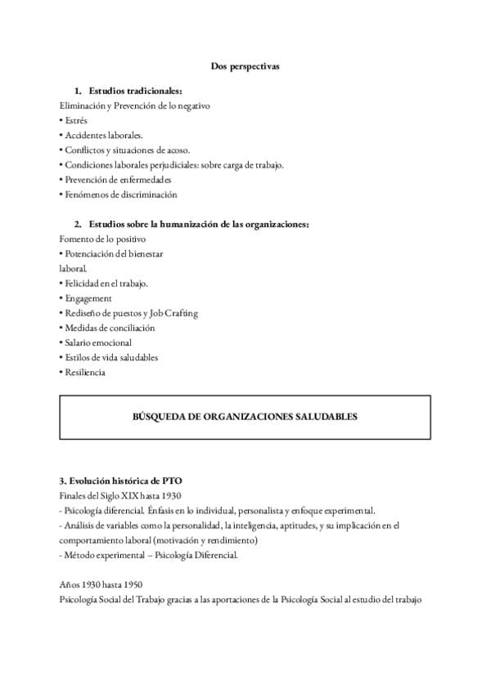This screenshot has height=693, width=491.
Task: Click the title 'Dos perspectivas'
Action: click(x=245, y=67)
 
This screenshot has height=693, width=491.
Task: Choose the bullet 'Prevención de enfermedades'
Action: click(x=116, y=180)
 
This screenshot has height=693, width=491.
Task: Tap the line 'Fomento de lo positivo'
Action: click(x=103, y=239)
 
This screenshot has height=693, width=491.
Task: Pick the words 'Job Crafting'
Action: click(x=173, y=313)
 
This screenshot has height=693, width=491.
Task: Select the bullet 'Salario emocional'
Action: click(x=97, y=342)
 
